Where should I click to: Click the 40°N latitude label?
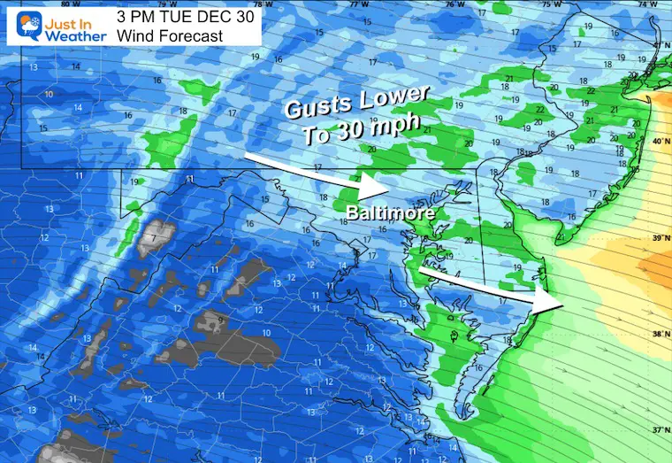[660, 142]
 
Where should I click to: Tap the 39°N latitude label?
[660, 237]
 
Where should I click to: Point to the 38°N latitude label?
[660, 335]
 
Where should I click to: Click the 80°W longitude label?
[63, 4]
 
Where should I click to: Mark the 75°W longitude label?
[552, 4]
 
